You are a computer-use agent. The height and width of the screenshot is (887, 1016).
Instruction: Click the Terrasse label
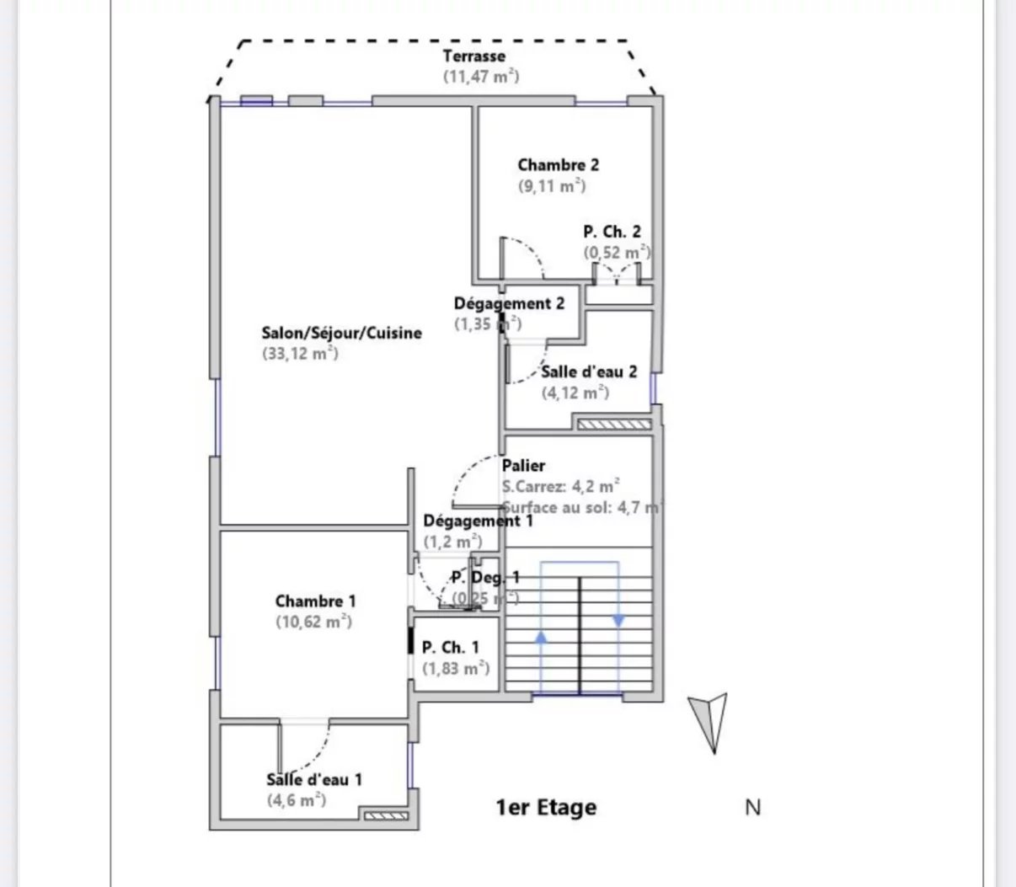click(474, 56)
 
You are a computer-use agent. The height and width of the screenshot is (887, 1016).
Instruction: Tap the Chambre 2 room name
click(558, 165)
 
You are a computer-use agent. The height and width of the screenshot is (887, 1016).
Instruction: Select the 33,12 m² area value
click(300, 354)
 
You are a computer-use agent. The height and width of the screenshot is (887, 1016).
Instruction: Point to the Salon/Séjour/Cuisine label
click(341, 333)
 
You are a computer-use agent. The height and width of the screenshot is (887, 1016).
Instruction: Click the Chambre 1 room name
click(315, 601)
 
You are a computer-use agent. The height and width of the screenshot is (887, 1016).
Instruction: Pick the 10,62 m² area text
click(313, 623)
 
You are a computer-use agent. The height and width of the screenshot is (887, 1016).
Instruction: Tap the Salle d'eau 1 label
click(314, 780)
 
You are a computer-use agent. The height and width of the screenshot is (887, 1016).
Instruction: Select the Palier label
click(523, 465)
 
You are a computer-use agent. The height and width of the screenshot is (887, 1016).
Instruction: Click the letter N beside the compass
click(753, 807)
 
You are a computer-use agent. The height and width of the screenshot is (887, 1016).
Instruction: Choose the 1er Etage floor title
click(546, 808)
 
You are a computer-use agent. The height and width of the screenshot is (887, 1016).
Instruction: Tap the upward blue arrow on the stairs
click(541, 638)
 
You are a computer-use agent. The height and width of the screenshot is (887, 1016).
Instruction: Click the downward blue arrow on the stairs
click(618, 621)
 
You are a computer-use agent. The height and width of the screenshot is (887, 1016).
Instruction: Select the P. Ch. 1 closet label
click(450, 647)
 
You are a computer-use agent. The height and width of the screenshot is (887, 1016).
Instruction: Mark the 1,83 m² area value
click(455, 668)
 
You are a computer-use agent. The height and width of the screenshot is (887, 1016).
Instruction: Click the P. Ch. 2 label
click(612, 232)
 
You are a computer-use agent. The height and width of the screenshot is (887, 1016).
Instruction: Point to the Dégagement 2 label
click(509, 303)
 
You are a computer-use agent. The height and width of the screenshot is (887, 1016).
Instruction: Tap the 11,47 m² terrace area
click(481, 76)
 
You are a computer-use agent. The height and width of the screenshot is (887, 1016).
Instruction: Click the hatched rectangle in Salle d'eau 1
click(384, 815)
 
